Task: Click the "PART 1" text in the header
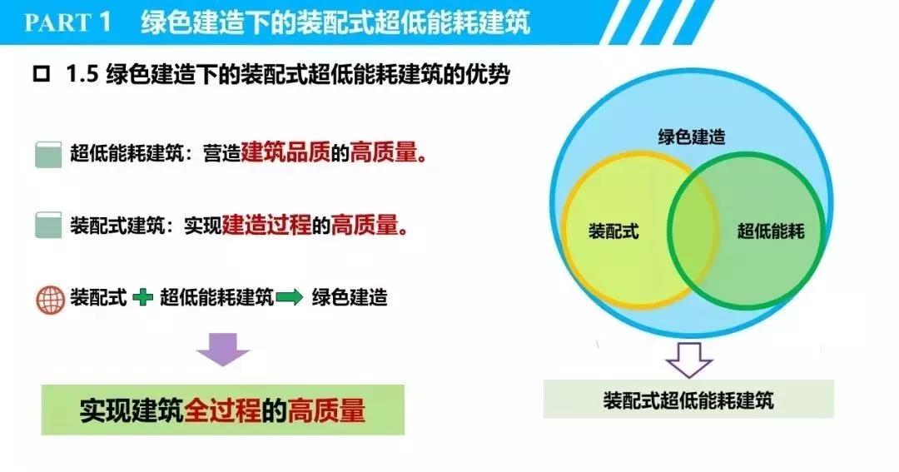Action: pos(68,22)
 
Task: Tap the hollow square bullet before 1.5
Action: pos(40,75)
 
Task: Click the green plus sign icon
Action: pos(142,297)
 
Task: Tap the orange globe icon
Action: pos(50,298)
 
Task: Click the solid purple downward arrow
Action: pos(222,349)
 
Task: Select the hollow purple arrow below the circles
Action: pos(688,358)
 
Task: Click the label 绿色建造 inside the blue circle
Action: pos(691,137)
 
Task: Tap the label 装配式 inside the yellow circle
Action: pos(613,231)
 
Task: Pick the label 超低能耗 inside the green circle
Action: pos(771,231)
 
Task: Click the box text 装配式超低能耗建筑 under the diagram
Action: pos(688,400)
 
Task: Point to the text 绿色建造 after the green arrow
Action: pos(350,297)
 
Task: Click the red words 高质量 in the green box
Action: pos(326,410)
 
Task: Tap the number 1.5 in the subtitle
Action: pos(83,75)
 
